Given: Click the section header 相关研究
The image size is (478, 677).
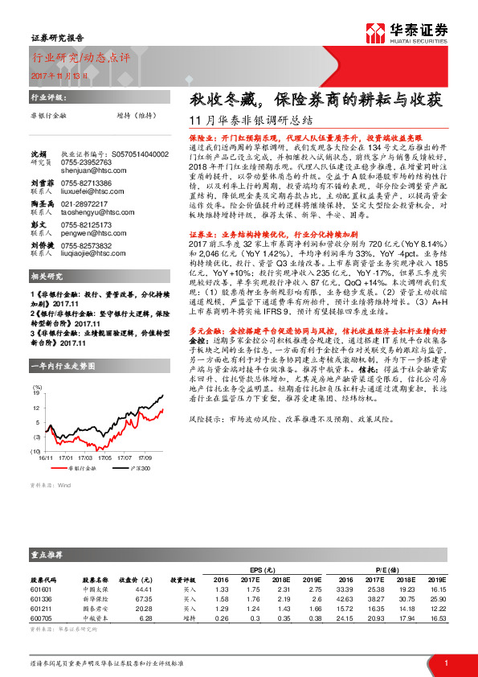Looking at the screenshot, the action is [x=43, y=276].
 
